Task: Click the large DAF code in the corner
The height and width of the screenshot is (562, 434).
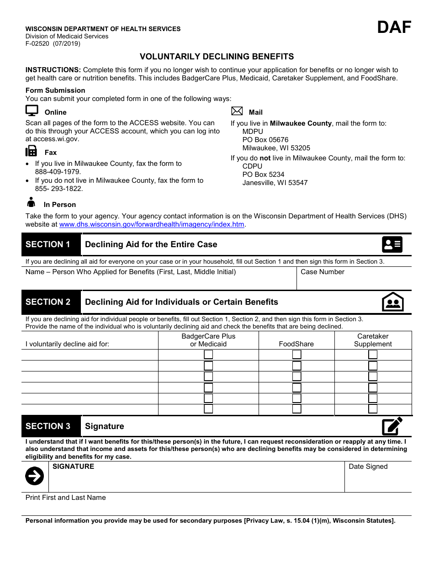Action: [394, 27]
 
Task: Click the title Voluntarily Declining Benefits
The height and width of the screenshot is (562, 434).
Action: [217, 57]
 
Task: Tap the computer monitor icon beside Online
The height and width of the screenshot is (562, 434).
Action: [32, 111]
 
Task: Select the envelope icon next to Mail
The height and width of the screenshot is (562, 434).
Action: [237, 111]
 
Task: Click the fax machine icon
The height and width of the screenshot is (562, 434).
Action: [32, 151]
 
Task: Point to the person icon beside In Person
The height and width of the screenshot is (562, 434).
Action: [31, 202]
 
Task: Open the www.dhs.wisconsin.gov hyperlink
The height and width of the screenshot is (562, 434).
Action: [152, 224]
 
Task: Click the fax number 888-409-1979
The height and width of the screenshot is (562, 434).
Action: [58, 172]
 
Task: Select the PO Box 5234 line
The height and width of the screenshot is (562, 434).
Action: [263, 175]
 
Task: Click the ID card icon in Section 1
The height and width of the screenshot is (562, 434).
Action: [392, 245]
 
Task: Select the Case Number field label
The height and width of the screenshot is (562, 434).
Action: [322, 272]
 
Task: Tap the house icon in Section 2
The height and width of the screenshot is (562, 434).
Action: [392, 302]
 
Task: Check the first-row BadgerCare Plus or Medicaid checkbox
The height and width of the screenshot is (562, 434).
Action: [208, 355]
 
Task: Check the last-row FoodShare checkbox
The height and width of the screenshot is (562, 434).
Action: [296, 409]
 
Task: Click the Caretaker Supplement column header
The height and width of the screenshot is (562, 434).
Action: [373, 340]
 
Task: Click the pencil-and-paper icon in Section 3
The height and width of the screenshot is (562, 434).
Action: [392, 426]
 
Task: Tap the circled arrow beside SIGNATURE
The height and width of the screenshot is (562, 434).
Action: [34, 476]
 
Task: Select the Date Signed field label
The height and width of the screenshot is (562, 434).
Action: [368, 467]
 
